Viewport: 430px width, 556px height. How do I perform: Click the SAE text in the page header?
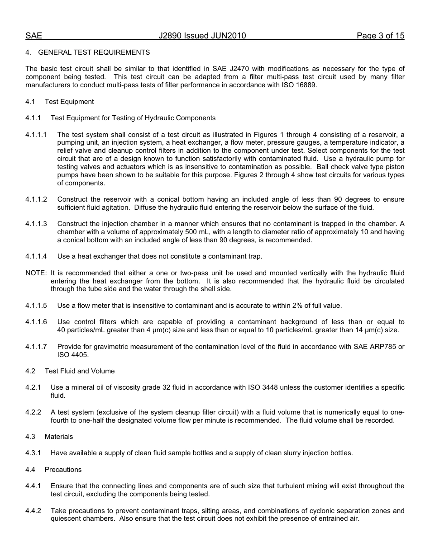(33, 36)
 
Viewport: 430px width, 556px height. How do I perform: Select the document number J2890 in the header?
(170, 36)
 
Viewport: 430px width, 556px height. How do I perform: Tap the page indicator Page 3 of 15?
(380, 36)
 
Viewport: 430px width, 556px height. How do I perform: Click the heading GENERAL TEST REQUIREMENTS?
(94, 52)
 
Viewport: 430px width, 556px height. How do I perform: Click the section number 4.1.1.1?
(36, 135)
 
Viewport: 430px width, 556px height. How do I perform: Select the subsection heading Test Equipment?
(69, 102)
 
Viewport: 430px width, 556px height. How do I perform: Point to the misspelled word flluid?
(395, 273)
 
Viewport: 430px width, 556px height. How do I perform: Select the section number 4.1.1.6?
(36, 322)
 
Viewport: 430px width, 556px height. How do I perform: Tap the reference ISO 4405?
(73, 355)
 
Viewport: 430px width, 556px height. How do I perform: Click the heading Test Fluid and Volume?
(80, 371)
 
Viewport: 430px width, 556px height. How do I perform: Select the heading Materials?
(59, 437)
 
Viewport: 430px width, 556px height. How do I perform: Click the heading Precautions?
(63, 470)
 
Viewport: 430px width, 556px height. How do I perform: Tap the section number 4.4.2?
(33, 511)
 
